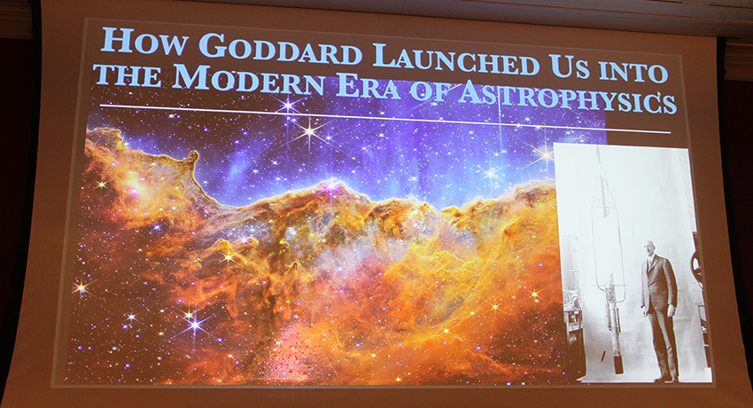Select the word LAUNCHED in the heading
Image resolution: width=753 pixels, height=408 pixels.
click(x=454, y=60)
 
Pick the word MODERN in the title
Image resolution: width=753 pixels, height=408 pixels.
click(x=231, y=77)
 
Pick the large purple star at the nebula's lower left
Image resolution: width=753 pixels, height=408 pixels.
click(x=194, y=325)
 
